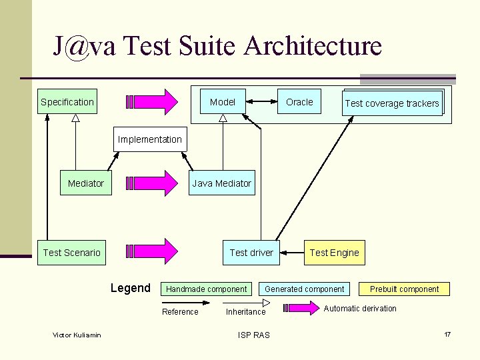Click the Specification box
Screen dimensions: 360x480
pos(67,102)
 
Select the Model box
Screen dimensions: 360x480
pos(223,102)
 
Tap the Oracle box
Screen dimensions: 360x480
pos(299,102)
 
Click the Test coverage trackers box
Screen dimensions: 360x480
pos(392,103)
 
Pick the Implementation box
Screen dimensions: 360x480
pos(149,139)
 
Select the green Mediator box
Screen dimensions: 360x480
pos(86,183)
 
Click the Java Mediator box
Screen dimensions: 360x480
pos(221,183)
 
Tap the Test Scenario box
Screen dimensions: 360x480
pos(71,253)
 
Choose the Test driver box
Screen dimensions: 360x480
pos(251,253)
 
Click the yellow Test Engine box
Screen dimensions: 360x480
pos(334,253)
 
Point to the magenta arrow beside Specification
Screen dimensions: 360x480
pos(153,102)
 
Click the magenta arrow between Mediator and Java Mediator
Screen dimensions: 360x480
pos(153,183)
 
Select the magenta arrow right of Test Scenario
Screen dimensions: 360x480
pos(153,252)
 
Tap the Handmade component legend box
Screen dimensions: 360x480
pos(206,289)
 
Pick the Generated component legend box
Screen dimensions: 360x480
pos(305,289)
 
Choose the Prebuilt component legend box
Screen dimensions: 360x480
pos(405,289)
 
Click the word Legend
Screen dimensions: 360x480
pos(130,288)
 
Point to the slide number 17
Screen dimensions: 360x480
pos(447,333)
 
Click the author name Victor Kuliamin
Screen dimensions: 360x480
pos(77,335)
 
